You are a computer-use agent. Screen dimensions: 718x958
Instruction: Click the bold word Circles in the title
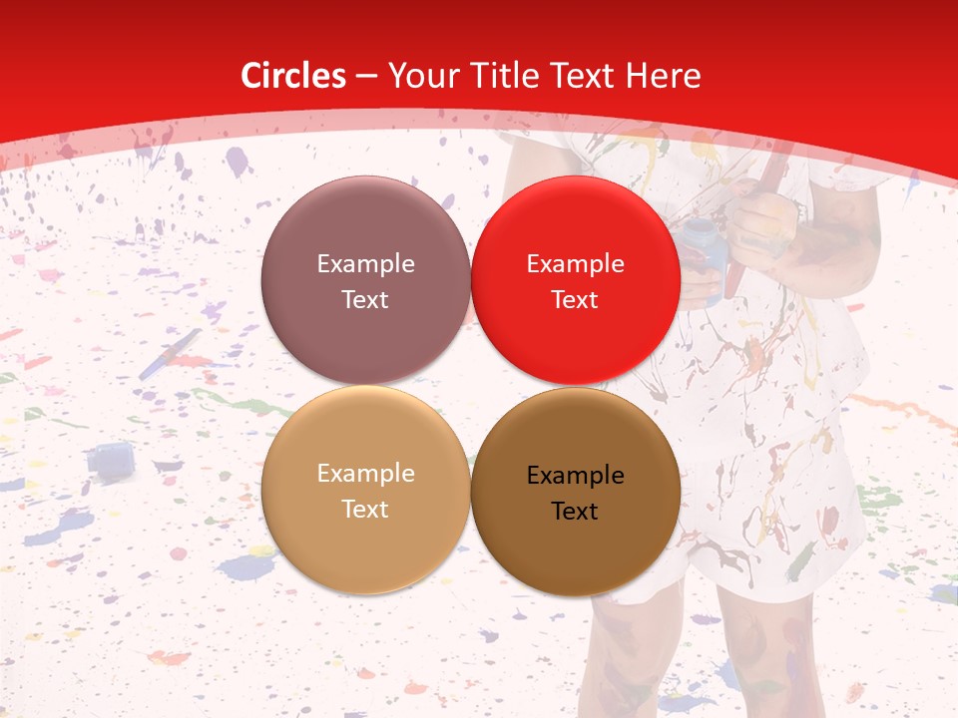(293, 76)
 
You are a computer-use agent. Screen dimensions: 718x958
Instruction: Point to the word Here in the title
(667, 76)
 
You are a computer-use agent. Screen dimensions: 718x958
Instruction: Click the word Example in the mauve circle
(365, 264)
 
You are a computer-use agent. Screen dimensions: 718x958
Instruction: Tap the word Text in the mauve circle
(365, 299)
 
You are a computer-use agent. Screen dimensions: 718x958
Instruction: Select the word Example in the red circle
(575, 264)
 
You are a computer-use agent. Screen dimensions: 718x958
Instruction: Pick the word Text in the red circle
(575, 299)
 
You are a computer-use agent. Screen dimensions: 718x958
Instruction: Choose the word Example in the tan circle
(365, 474)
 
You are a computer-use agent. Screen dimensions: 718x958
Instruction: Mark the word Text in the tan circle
(365, 509)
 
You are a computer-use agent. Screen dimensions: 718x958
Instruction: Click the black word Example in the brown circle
(575, 476)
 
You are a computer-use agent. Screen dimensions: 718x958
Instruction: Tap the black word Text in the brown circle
(575, 511)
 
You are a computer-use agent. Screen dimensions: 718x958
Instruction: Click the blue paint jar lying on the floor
(109, 460)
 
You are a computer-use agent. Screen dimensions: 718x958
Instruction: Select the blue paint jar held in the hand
(703, 249)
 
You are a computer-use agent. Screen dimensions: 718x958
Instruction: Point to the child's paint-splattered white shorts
(758, 519)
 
